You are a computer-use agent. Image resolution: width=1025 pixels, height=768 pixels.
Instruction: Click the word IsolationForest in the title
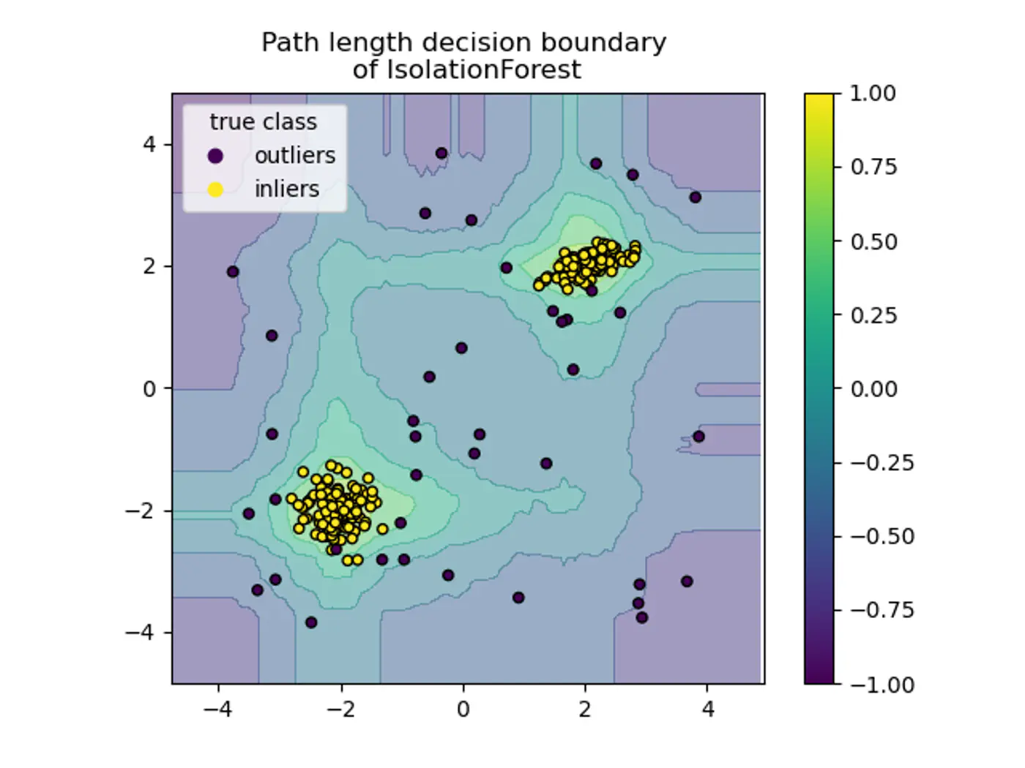click(x=483, y=70)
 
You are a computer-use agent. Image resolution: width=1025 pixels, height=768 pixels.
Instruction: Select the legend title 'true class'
click(x=263, y=121)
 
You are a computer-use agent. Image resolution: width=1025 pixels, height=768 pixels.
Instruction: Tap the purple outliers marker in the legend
click(x=215, y=156)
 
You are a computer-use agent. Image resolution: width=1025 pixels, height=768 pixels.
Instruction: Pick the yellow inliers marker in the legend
click(x=215, y=189)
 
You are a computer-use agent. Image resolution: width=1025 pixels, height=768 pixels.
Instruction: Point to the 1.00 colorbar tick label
click(x=873, y=94)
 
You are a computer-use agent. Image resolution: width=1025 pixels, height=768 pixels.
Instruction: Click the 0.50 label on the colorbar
click(x=873, y=241)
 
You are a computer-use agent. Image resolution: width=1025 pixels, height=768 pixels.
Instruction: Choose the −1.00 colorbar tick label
click(x=881, y=685)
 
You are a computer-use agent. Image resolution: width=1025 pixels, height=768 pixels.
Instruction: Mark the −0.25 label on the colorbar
click(x=881, y=463)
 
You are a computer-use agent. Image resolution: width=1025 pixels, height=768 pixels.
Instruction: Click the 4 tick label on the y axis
click(x=149, y=144)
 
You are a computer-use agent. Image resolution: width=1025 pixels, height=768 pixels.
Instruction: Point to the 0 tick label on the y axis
click(x=149, y=388)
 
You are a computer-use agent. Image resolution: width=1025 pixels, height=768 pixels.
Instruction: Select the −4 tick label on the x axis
click(x=217, y=709)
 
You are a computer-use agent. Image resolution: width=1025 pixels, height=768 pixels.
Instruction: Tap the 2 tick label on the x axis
click(x=584, y=709)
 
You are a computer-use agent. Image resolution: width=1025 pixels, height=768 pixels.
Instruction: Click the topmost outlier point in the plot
click(x=441, y=154)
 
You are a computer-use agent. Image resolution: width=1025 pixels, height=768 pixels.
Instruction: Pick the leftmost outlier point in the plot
click(x=233, y=272)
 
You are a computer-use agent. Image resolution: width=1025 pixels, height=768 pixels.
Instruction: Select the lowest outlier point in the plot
click(x=311, y=622)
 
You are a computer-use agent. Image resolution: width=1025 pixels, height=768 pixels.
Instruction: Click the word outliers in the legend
click(x=295, y=156)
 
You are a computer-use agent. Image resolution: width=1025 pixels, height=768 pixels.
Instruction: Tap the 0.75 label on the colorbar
click(x=873, y=167)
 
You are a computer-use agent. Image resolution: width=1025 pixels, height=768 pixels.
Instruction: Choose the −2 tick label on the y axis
click(x=141, y=511)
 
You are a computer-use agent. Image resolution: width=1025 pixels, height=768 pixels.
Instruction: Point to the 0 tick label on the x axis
click(x=463, y=709)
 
